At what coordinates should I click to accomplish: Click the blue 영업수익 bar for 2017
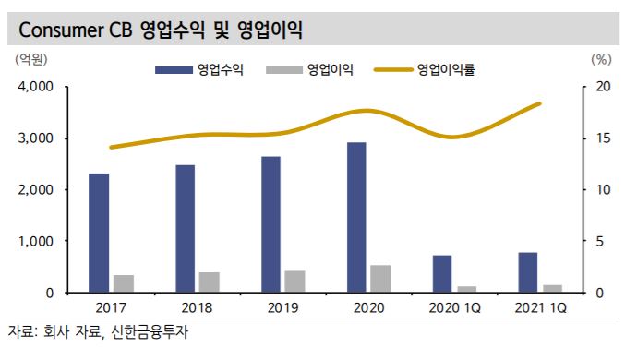point(99,233)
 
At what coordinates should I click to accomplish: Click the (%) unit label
point(600,58)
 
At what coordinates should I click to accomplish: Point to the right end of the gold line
point(540,103)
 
